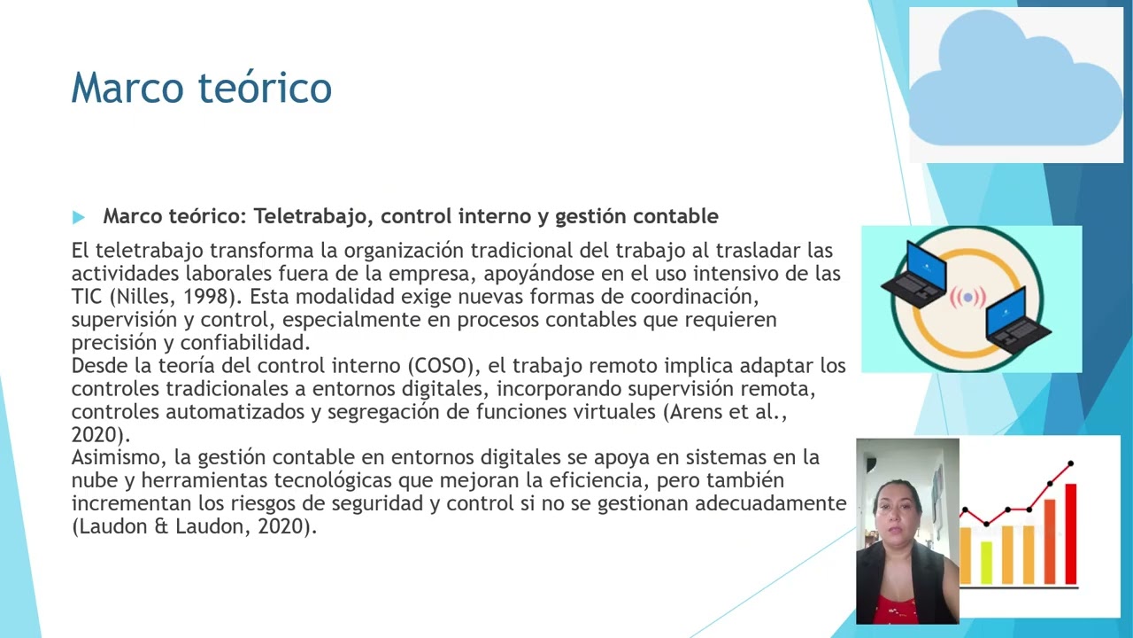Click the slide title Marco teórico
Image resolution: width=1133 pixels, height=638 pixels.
pos(201,88)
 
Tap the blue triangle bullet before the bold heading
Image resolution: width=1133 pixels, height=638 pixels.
pos(79,217)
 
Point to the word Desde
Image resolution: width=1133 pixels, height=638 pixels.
pos(98,365)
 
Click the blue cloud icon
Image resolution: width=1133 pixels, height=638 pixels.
pos(1015,84)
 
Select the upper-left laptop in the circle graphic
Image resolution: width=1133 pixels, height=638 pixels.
pos(915,274)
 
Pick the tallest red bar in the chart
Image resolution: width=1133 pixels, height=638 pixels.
pos(1071,533)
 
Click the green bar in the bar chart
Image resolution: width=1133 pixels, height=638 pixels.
pos(986,562)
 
